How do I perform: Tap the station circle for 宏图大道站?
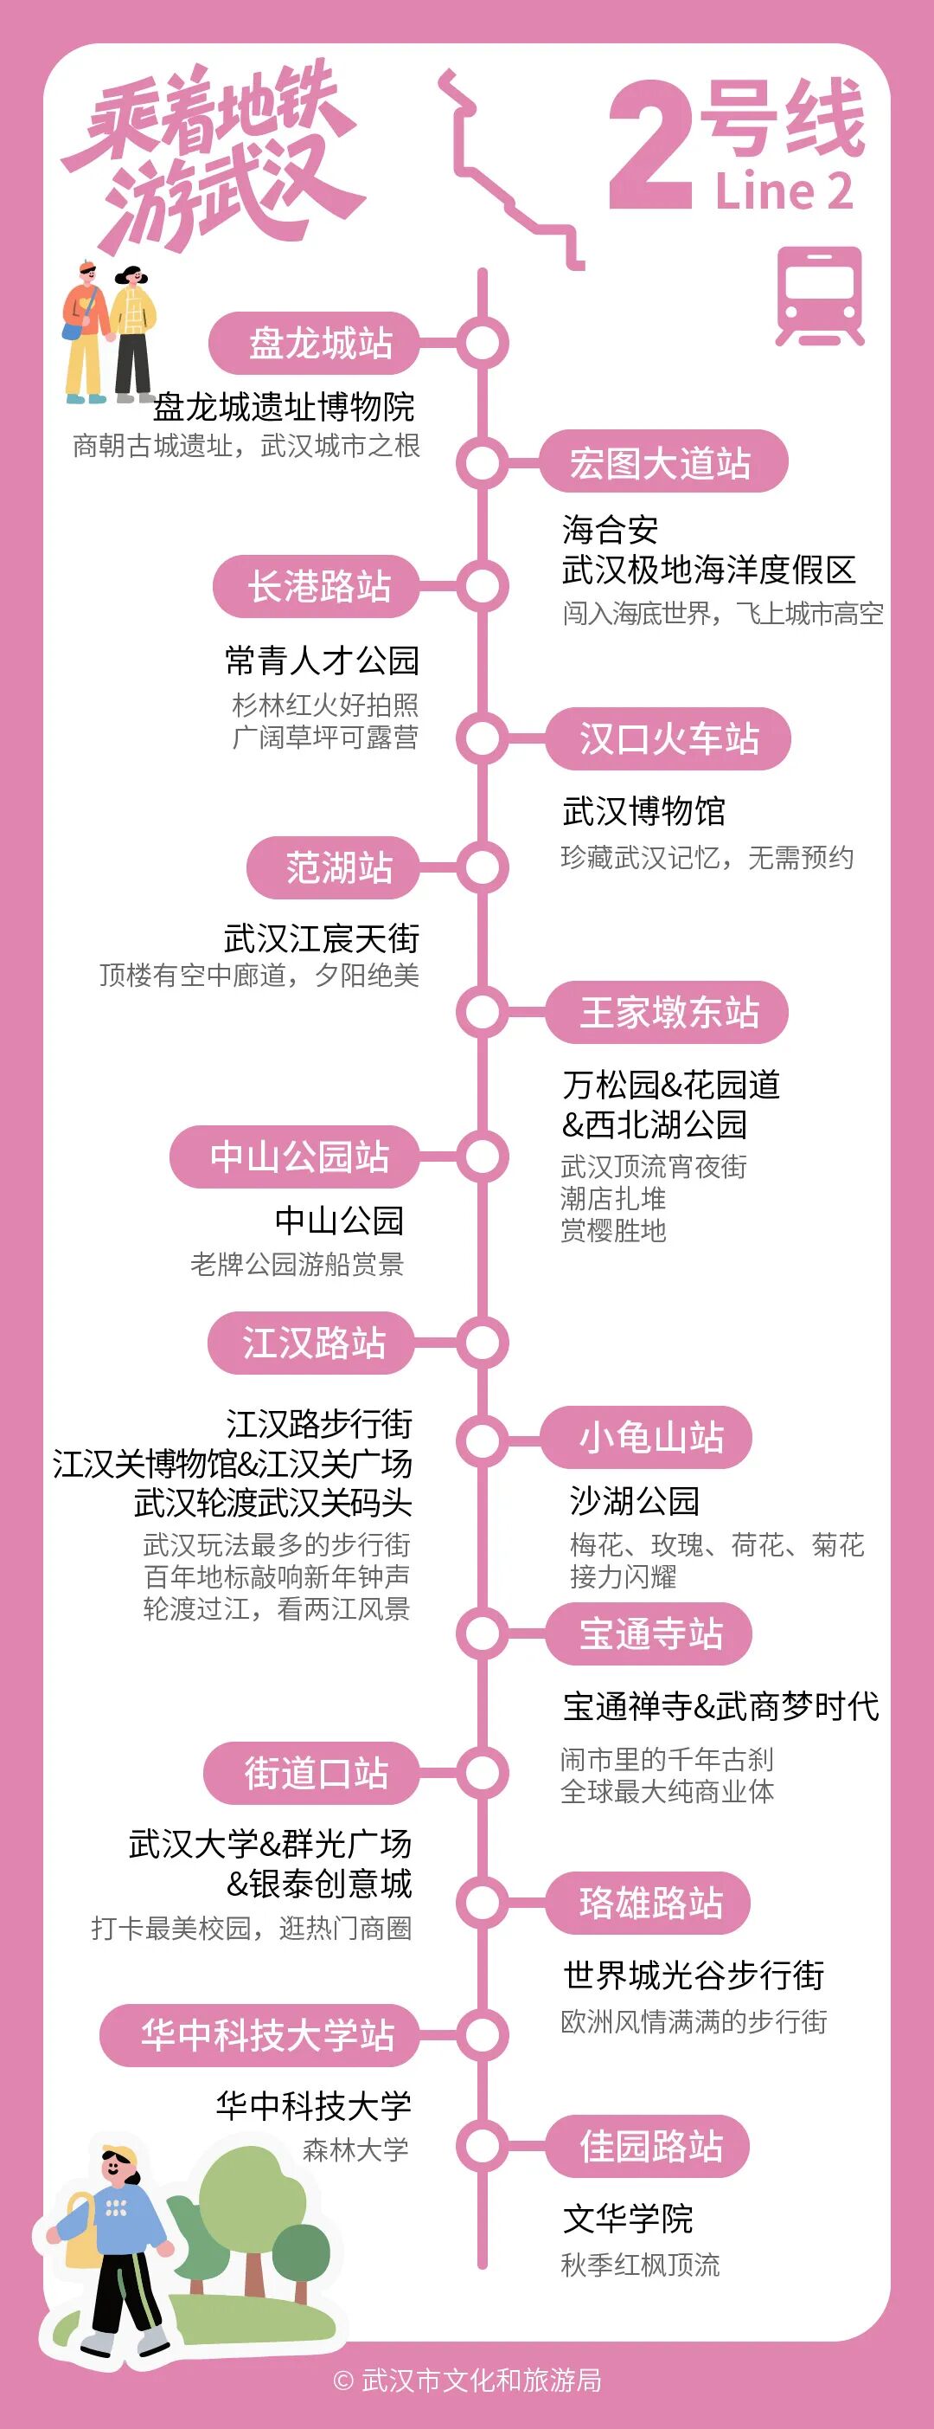click(482, 463)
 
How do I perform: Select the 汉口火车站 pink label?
click(669, 738)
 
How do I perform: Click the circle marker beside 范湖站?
click(482, 867)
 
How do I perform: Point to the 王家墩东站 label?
click(669, 1013)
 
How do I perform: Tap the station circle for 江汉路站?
click(482, 1343)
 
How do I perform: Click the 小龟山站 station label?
click(649, 1438)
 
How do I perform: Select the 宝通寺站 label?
click(649, 1634)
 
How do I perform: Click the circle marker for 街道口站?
click(482, 1773)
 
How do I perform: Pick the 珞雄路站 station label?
click(649, 1903)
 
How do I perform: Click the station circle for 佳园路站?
click(482, 2147)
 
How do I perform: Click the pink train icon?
click(819, 296)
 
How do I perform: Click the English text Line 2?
click(784, 191)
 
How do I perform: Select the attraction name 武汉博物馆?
click(643, 811)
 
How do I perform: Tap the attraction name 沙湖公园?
click(634, 1500)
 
